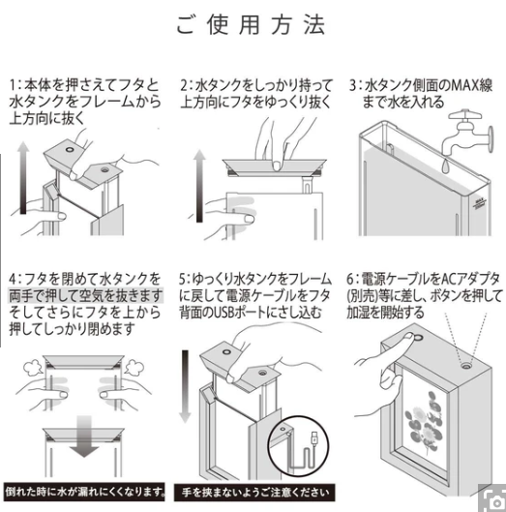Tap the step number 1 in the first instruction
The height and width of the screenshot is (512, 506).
[x=15, y=84]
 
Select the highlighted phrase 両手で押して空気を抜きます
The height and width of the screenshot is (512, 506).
[x=87, y=294]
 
